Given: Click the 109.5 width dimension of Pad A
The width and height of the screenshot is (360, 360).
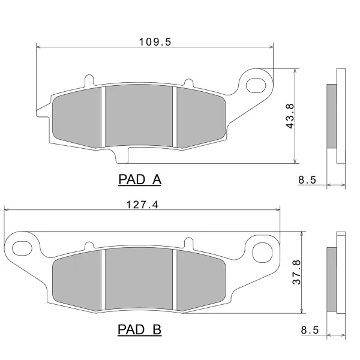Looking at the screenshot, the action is [x=155, y=42].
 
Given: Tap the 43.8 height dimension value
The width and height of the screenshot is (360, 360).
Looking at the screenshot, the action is [x=290, y=116].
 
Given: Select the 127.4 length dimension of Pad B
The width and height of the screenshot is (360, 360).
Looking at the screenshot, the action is [x=142, y=205].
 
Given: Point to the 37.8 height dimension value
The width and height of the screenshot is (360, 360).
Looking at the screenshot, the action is [x=296, y=272].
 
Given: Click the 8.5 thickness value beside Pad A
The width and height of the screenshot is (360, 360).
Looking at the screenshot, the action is [x=307, y=179].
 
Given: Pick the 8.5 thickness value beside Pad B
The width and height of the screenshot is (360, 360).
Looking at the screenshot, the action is [x=310, y=330].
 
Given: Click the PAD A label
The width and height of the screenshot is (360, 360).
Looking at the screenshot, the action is [x=140, y=179].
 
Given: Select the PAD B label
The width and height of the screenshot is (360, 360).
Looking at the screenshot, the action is [x=140, y=329].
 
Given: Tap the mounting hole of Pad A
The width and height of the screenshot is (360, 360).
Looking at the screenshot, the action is [x=256, y=85].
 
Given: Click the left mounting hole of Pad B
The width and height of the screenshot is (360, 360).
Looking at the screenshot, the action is [x=22, y=248].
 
